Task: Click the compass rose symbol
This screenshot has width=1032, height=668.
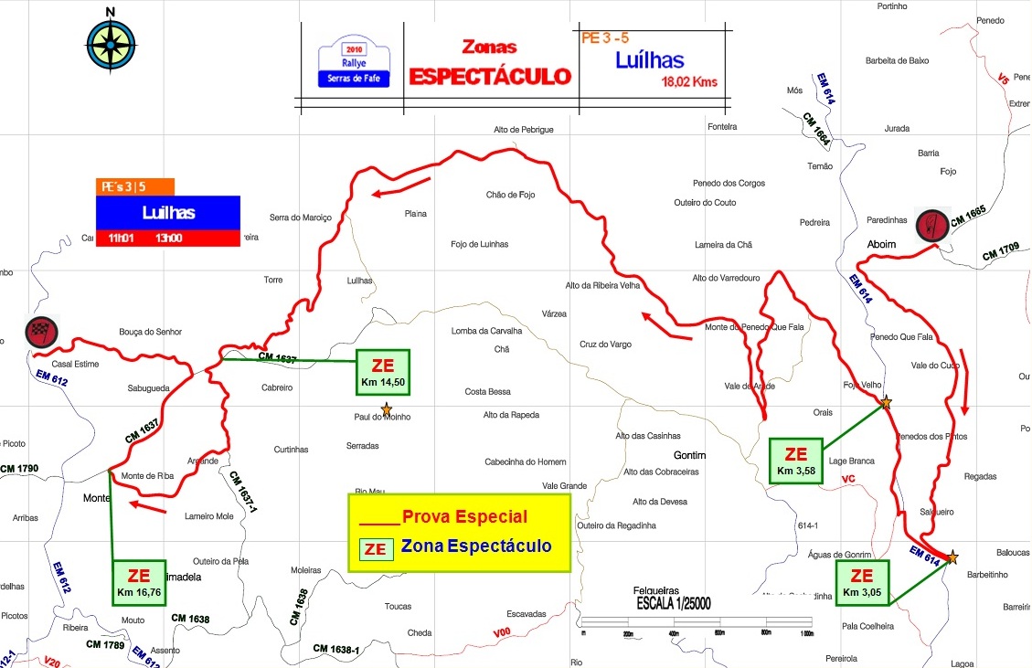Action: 110,44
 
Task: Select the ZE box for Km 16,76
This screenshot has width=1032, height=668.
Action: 139,582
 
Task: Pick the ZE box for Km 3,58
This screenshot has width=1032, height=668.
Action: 795,461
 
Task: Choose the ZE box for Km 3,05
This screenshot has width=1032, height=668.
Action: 862,582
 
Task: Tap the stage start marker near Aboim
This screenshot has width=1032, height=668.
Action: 931,224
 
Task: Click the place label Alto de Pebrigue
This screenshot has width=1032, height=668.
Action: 524,130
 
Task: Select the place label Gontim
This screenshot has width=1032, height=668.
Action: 690,455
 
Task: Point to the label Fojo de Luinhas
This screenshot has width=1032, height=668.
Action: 480,244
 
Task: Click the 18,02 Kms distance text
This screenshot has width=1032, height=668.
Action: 689,81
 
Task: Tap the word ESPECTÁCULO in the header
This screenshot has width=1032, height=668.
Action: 489,77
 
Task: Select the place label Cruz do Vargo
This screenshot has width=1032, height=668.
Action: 605,344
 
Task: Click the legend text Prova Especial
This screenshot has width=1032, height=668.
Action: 464,516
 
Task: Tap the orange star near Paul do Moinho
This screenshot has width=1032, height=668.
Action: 387,408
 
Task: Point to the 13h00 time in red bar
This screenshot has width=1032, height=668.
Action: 169,238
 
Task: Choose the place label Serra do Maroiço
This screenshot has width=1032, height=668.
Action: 300,217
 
